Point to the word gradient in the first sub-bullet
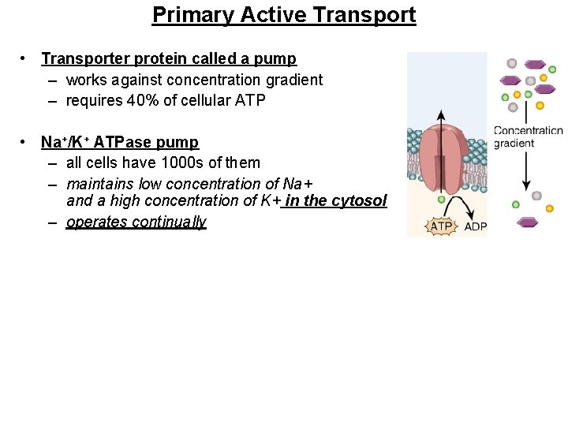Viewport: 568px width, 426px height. coord(292,80)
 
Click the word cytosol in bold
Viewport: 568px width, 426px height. coord(359,200)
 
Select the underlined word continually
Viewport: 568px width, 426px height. coord(169,222)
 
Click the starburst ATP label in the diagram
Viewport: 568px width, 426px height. coord(440,226)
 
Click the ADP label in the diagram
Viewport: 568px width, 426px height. coord(475,227)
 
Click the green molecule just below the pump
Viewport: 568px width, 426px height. coord(442,200)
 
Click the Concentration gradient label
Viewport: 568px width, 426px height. coord(527,136)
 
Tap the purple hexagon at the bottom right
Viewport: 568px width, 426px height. coord(527,222)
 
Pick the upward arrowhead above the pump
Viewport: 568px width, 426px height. coord(440,115)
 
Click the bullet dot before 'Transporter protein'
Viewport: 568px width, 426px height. coord(26,58)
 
